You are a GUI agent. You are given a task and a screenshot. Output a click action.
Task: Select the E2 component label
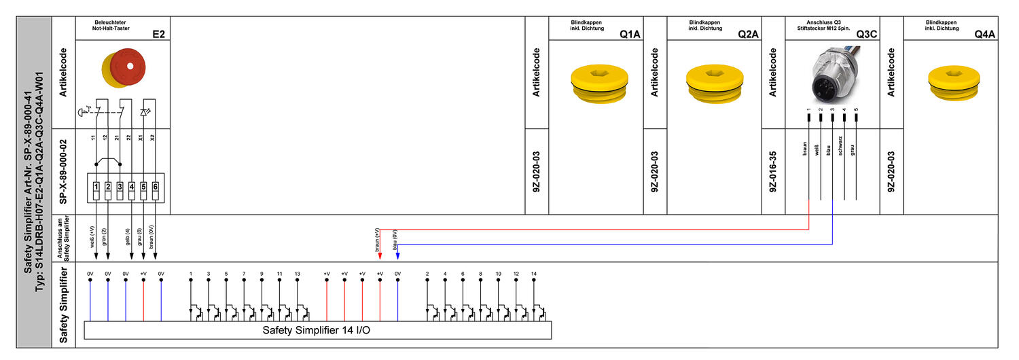coord(158,33)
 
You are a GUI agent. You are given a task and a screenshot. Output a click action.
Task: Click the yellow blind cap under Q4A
coord(956,84)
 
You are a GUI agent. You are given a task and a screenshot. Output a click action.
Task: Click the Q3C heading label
coord(867,33)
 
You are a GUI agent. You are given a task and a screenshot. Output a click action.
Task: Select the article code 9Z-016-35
coord(773,172)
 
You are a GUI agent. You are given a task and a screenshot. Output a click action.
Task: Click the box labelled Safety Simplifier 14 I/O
coord(317,331)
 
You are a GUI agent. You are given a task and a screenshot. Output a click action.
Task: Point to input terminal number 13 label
coord(297,274)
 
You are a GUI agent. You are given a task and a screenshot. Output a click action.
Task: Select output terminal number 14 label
coord(534,274)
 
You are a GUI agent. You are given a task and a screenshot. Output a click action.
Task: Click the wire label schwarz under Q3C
coord(841,147)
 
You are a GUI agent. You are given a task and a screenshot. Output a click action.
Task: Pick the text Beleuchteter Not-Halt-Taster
coord(109,25)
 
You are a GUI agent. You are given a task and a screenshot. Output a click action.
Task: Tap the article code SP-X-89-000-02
coord(63,172)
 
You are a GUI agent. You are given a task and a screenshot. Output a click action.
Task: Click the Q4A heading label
coord(984,33)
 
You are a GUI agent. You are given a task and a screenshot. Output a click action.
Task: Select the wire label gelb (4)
coord(128,240)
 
